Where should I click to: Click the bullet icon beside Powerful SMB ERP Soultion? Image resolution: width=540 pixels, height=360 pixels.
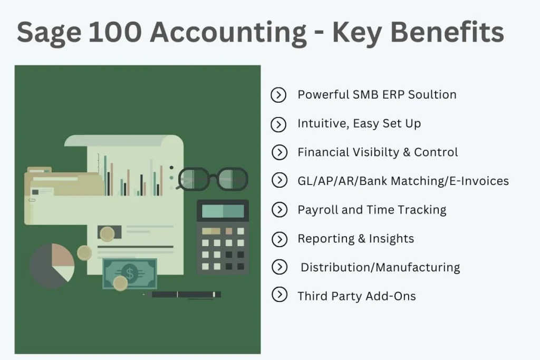(x=278, y=95)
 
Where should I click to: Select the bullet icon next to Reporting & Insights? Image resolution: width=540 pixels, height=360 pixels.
(x=278, y=239)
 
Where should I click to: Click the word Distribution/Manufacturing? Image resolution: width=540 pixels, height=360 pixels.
(x=380, y=267)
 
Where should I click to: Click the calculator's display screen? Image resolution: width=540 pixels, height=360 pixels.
(x=223, y=211)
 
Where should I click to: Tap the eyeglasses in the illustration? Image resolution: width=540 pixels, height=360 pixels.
(x=213, y=179)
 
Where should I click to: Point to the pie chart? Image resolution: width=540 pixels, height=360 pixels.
(x=52, y=265)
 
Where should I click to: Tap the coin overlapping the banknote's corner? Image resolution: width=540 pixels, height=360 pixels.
(x=120, y=284)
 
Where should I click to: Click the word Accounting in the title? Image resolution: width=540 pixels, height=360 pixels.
(x=228, y=33)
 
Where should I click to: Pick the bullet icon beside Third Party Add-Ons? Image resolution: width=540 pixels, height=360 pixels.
(x=278, y=296)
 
